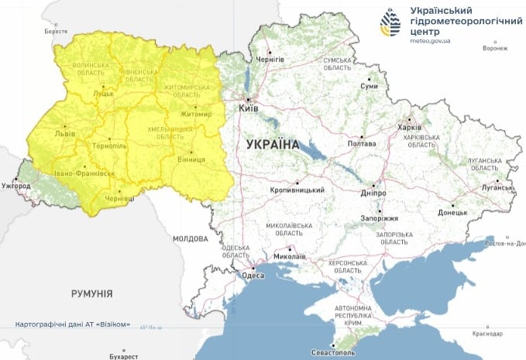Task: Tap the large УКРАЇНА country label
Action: (x=272, y=145)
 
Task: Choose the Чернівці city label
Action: (x=119, y=198)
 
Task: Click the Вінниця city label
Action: (x=191, y=159)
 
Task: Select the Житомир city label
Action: (x=195, y=115)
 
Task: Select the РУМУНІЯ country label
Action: (x=92, y=294)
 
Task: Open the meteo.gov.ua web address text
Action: (x=431, y=43)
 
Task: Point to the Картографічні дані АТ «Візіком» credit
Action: (x=73, y=324)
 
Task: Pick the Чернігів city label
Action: (x=270, y=60)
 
